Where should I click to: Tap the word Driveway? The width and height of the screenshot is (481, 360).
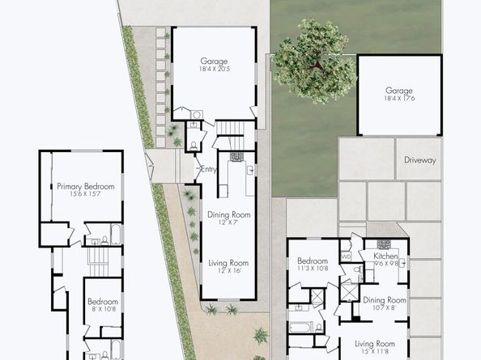click(x=419, y=160)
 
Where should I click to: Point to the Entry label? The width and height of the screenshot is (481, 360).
click(x=208, y=169)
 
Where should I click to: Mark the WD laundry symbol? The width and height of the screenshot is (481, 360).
click(x=347, y=258)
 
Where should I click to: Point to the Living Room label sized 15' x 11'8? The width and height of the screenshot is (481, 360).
click(x=380, y=344)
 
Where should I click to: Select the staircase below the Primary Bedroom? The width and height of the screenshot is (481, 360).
click(x=97, y=260)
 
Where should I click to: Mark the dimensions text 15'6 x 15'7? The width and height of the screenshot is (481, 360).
click(x=85, y=195)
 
